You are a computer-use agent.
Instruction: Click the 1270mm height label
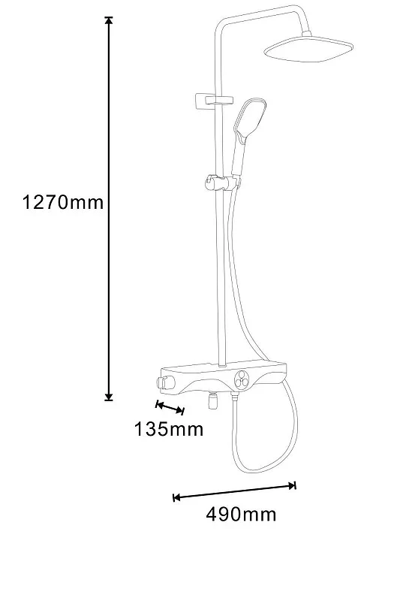pos(63,202)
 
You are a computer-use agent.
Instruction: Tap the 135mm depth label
pos(169,429)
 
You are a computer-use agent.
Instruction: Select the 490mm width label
pos(241,514)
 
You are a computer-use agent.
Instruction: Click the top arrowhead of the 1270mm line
pos(109,21)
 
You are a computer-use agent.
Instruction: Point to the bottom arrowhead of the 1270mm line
pos(109,397)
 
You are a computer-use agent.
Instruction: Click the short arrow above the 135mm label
pos(170,407)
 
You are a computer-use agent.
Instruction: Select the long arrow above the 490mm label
pos(235,492)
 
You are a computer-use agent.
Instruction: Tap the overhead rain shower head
pos(308,50)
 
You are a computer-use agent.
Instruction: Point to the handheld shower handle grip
pos(237,159)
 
